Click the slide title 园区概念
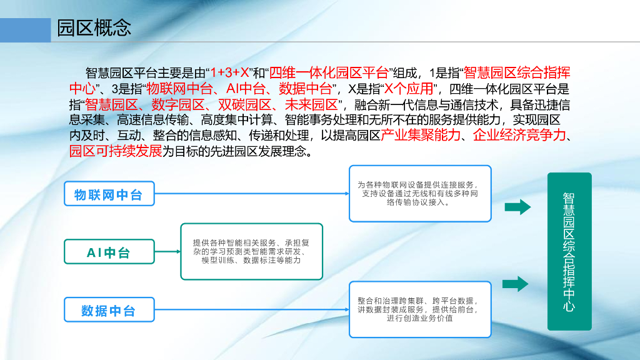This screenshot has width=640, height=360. [x=94, y=29]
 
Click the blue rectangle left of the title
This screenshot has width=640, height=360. [x=25, y=29]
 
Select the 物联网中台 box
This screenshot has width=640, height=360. [x=109, y=195]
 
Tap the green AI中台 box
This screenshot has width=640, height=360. [x=109, y=252]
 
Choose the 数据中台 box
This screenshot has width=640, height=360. [x=109, y=311]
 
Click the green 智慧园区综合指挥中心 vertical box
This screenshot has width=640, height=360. [x=569, y=251]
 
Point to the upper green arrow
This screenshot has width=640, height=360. [x=517, y=207]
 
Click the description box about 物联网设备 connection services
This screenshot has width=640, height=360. [x=419, y=194]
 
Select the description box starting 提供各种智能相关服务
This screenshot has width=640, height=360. [x=251, y=251]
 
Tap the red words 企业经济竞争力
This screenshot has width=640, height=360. [x=519, y=136]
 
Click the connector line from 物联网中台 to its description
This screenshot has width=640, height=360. [x=250, y=194]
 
